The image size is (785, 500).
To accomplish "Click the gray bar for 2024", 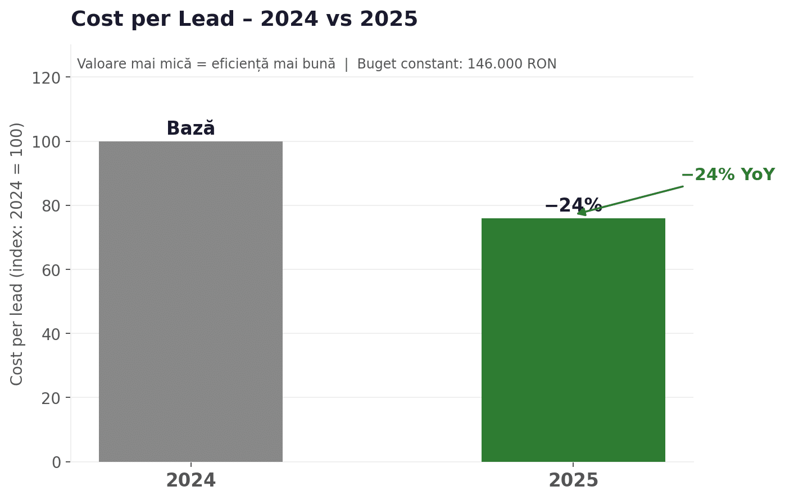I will click(x=190, y=301).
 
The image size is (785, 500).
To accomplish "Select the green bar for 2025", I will click(x=573, y=340).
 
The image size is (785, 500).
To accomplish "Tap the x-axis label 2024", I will click(x=190, y=481).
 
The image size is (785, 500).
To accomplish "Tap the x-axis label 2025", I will click(x=573, y=481).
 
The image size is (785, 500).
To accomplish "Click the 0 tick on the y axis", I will click(x=56, y=462).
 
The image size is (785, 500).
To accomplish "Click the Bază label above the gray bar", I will click(x=190, y=129).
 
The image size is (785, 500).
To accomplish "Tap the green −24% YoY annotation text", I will click(x=728, y=175).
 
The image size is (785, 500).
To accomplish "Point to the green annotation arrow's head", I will click(x=579, y=213).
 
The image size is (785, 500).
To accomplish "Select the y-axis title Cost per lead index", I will click(x=17, y=254).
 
